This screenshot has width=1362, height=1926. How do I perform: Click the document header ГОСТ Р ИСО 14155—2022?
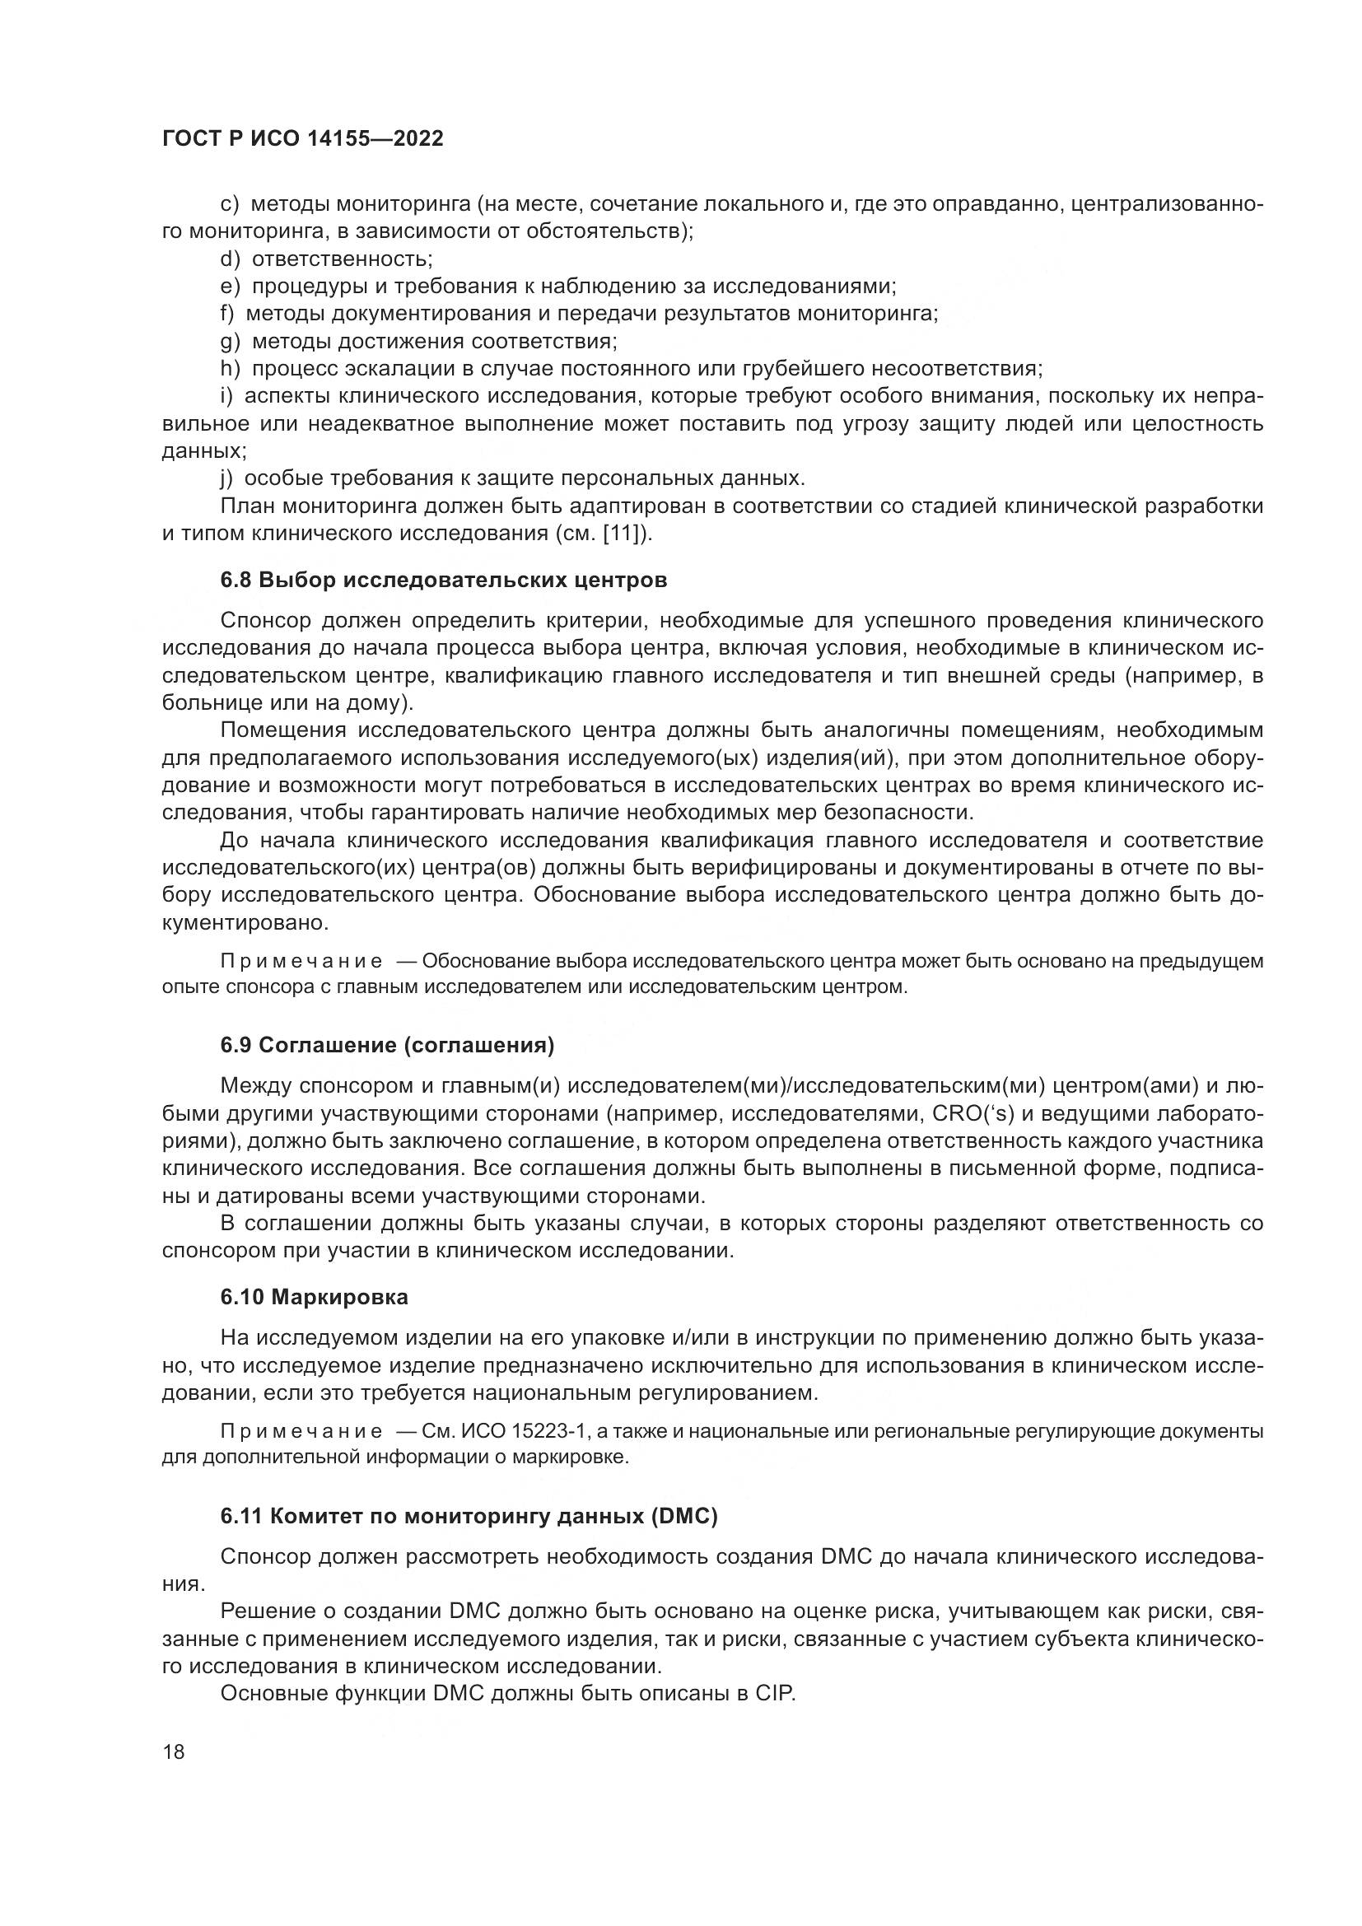point(302,139)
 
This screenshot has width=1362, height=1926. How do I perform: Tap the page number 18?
point(174,1751)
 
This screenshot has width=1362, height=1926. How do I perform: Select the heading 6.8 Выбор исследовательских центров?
point(444,580)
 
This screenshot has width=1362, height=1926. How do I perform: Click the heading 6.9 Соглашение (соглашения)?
point(388,1045)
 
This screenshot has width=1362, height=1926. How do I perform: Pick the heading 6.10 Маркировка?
point(315,1297)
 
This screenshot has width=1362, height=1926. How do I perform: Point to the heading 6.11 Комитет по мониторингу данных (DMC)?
point(469,1517)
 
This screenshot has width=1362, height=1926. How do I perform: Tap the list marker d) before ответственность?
point(230,259)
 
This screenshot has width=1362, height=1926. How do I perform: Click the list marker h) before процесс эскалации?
point(230,369)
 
